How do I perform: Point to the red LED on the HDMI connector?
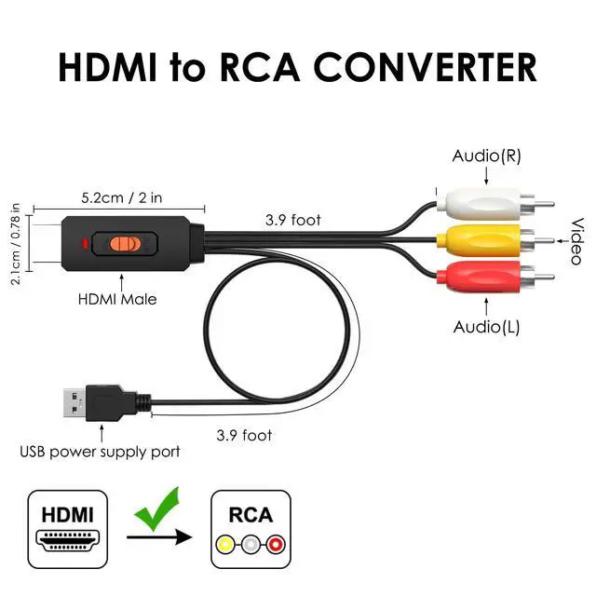86,246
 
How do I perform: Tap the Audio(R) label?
486,156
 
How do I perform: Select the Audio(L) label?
485,326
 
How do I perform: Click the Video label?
576,240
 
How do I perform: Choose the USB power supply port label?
101,453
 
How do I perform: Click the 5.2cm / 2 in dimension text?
122,197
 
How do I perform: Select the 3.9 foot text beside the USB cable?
244,435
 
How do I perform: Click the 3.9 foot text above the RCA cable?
293,221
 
